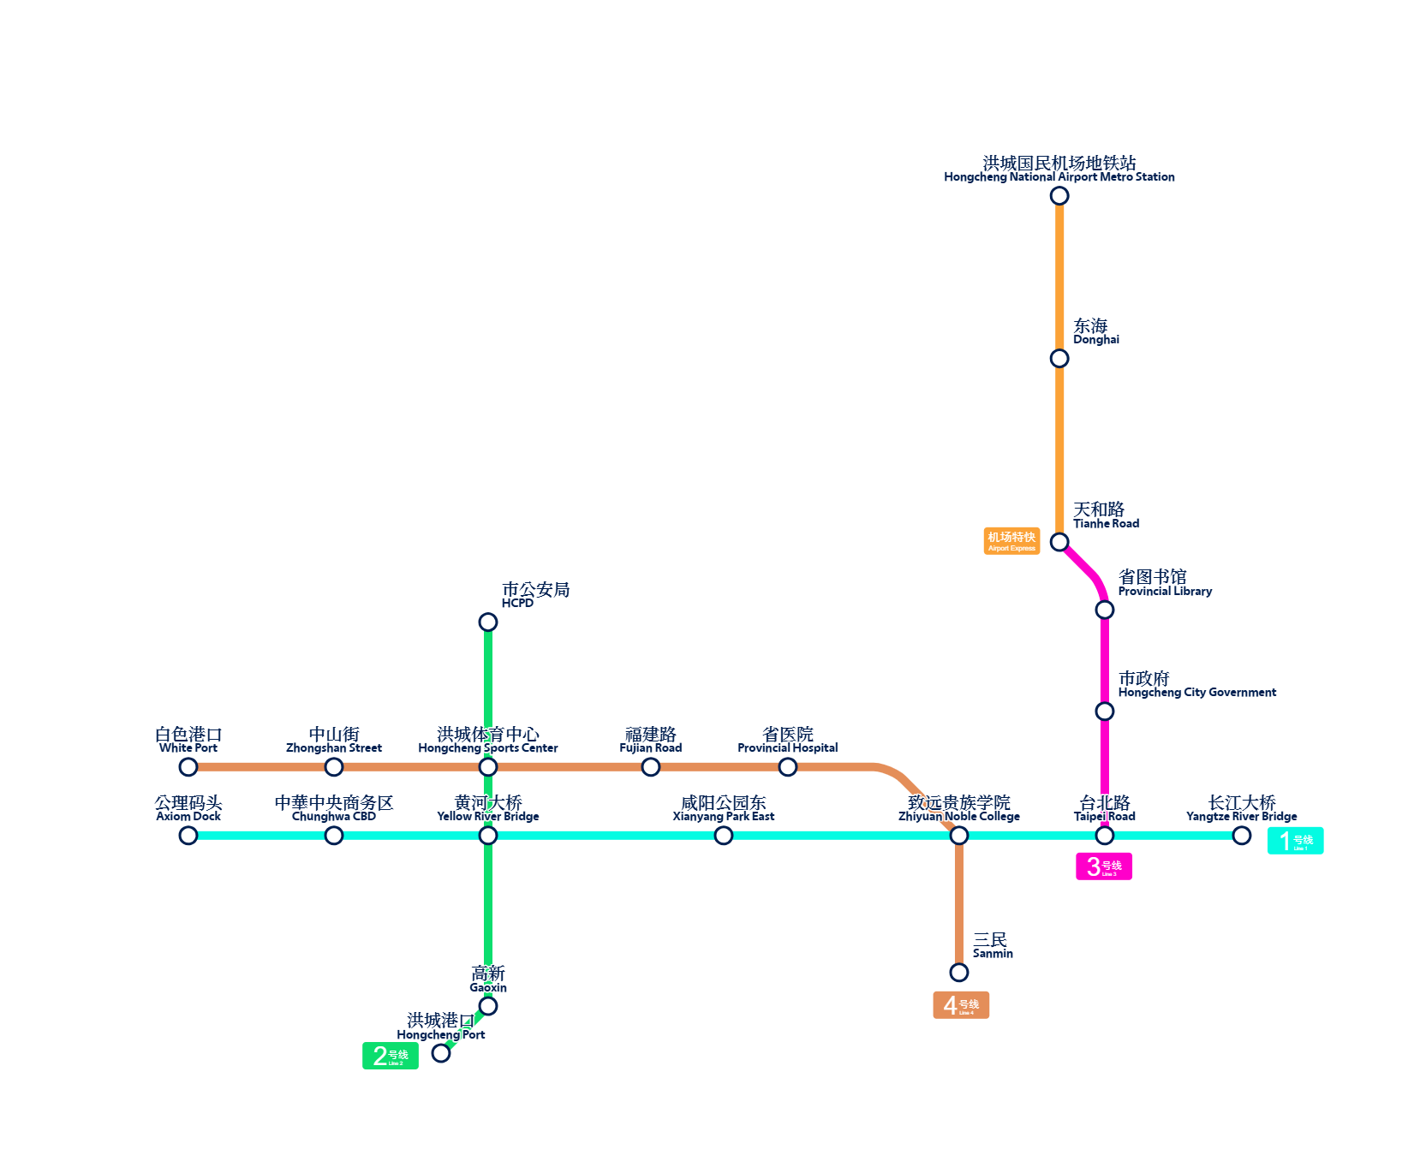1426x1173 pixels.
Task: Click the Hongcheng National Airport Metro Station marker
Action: tap(1059, 196)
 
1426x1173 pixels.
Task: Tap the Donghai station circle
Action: tap(1059, 358)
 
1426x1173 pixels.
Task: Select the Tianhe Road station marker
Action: tap(1059, 542)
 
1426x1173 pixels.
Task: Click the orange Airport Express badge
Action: tap(1011, 541)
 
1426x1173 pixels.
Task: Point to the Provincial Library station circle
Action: tap(1105, 610)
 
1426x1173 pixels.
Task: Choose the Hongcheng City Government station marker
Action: tap(1105, 712)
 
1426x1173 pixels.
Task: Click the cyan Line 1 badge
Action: tap(1295, 841)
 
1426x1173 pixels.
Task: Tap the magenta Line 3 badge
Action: tap(1103, 866)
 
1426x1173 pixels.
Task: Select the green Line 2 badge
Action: tap(390, 1056)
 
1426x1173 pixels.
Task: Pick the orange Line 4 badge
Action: tap(960, 1005)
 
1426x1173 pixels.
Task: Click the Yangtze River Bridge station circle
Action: tap(1241, 835)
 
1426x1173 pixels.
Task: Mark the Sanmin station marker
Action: tap(959, 972)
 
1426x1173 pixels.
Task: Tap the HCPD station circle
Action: tap(488, 622)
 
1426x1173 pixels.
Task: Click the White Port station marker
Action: tap(188, 767)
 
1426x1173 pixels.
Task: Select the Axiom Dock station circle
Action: tap(188, 835)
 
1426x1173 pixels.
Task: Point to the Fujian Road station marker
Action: tap(651, 767)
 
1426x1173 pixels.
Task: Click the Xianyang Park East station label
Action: tap(724, 808)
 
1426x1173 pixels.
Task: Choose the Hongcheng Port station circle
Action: tap(441, 1053)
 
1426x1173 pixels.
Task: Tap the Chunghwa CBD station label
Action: tap(334, 808)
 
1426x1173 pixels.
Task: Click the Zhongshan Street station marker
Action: tap(334, 767)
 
